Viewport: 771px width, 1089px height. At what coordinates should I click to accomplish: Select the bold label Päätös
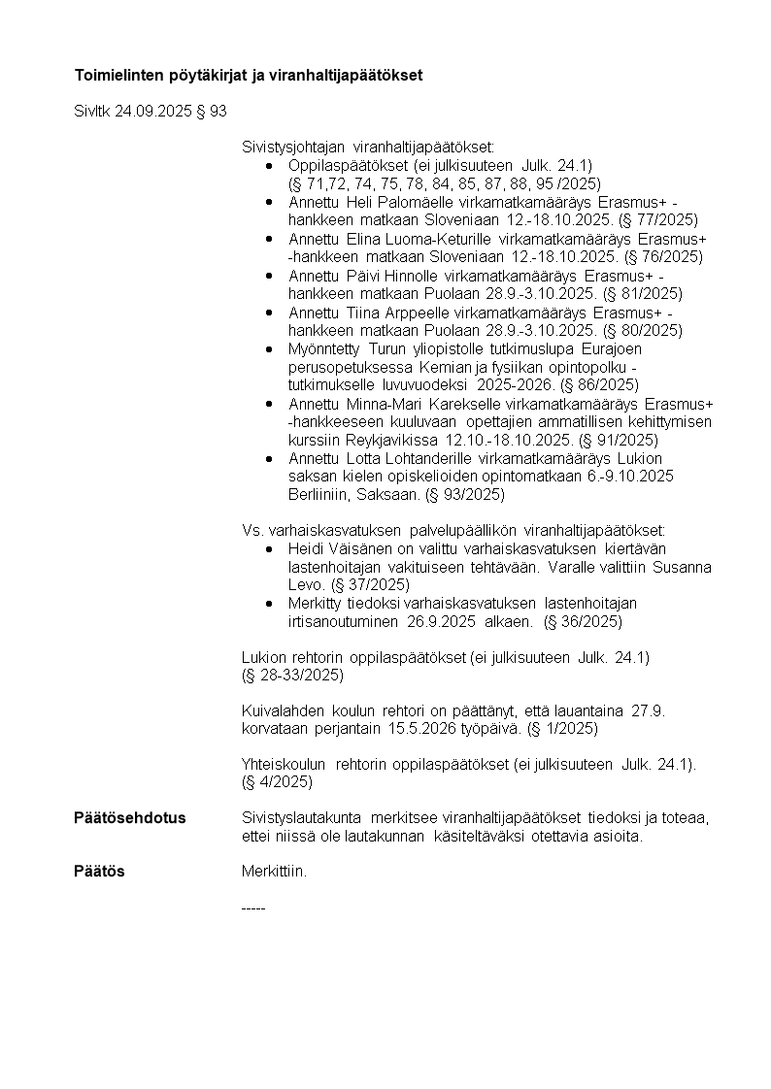pyautogui.click(x=99, y=872)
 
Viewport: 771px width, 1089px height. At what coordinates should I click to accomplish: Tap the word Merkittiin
pyautogui.click(x=274, y=872)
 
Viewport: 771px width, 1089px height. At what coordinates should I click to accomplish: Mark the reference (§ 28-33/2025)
pyautogui.click(x=292, y=675)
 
